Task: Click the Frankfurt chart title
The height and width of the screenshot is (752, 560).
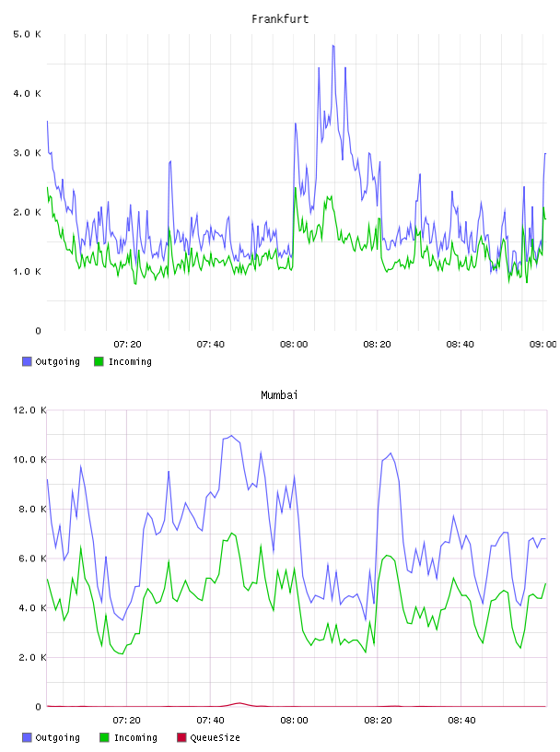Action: click(280, 19)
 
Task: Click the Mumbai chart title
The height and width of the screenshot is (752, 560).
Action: click(279, 395)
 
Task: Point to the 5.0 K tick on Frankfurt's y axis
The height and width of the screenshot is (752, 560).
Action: click(28, 34)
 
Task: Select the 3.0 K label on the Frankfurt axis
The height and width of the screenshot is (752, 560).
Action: click(28, 153)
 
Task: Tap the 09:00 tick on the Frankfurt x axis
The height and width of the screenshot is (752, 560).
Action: click(542, 345)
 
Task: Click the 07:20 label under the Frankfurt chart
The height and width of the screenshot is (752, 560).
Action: click(127, 345)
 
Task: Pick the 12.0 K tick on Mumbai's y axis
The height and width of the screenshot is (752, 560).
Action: click(29, 410)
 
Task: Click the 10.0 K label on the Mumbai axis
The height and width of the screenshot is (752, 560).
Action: click(29, 460)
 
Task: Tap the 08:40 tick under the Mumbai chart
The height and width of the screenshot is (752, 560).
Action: click(461, 721)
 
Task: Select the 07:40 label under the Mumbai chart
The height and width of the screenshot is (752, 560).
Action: click(211, 721)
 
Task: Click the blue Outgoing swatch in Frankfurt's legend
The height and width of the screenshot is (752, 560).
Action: click(27, 361)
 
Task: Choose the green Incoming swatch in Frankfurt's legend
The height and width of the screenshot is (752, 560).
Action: click(99, 361)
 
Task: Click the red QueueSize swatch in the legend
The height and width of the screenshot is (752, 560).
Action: click(181, 737)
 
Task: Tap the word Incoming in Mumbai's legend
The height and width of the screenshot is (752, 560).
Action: click(135, 738)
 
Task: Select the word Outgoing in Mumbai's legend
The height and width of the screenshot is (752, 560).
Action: click(57, 738)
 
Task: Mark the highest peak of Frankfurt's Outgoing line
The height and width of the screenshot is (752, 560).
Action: click(333, 45)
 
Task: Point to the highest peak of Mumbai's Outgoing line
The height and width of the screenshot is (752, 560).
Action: click(231, 436)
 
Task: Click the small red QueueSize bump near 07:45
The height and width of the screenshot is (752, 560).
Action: click(239, 703)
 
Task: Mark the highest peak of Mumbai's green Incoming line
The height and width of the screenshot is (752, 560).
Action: click(231, 533)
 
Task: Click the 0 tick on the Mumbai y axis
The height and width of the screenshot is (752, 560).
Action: click(39, 707)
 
